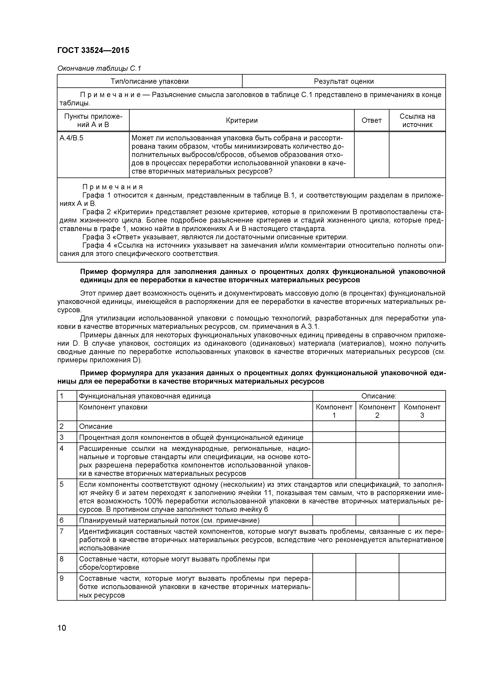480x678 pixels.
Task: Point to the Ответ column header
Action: tap(371, 120)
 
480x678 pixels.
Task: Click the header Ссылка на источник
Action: tap(417, 120)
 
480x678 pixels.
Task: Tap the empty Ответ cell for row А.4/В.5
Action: tap(371, 154)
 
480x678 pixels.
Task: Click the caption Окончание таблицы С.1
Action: tap(99, 68)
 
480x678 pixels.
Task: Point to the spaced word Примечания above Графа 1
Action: tap(112, 187)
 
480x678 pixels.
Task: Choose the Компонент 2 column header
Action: tap(377, 411)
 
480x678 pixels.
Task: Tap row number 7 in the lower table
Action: tap(62, 531)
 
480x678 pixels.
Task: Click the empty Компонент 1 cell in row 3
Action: tap(334, 437)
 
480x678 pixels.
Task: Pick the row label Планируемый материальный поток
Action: tap(169, 520)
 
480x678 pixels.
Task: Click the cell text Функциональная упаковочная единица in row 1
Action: tap(145, 396)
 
